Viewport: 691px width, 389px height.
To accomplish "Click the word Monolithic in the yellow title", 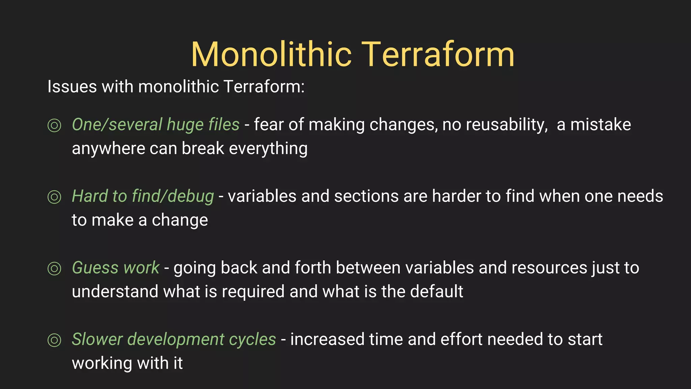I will pos(272,55).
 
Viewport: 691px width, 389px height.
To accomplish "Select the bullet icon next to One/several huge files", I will pos(54,125).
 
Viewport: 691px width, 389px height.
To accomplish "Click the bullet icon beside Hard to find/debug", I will pos(54,197).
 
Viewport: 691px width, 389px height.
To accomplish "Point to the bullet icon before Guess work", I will pos(54,268).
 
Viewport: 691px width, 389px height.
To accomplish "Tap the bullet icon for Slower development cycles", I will pos(54,340).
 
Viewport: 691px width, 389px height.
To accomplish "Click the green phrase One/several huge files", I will pos(156,125).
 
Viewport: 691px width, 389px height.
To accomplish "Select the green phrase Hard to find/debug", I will pos(143,196).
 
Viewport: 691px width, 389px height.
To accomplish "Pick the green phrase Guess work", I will pos(115,268).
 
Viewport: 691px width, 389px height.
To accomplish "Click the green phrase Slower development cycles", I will pos(174,339).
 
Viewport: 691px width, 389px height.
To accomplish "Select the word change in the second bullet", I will pos(179,220).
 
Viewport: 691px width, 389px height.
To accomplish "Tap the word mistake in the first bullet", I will pos(601,125).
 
